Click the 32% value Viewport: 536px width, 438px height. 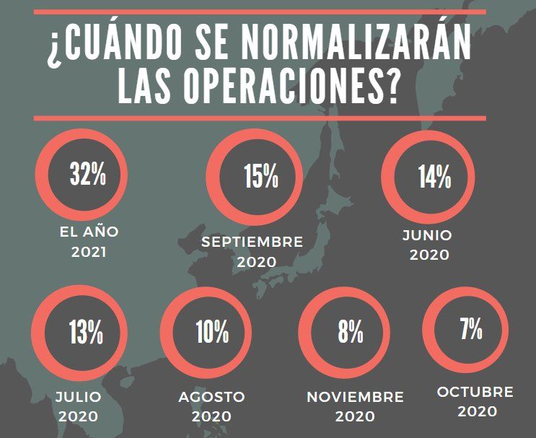[87, 175]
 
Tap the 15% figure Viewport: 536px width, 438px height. [260, 177]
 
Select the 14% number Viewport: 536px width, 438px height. [434, 177]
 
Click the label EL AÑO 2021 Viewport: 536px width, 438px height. [89, 242]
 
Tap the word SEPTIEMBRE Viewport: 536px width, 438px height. [252, 242]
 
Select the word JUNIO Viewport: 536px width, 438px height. [428, 235]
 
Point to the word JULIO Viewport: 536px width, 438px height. [79, 397]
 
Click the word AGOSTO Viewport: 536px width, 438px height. [212, 397]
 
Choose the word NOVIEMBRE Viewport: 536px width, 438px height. [355, 397]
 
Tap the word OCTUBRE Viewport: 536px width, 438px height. [475, 392]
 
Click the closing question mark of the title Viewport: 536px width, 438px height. [392, 88]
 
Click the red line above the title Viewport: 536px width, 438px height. [260, 12]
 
